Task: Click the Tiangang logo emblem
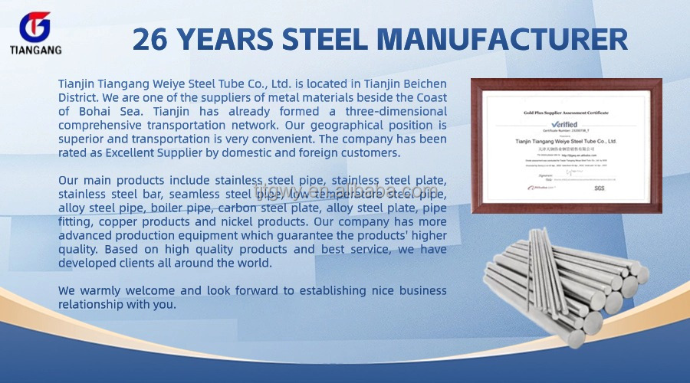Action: [x=33, y=27]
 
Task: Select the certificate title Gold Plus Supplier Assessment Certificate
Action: [x=566, y=112]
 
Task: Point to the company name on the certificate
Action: [x=566, y=139]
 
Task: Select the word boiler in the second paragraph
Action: [x=167, y=208]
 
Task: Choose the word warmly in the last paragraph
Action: [x=100, y=291]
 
